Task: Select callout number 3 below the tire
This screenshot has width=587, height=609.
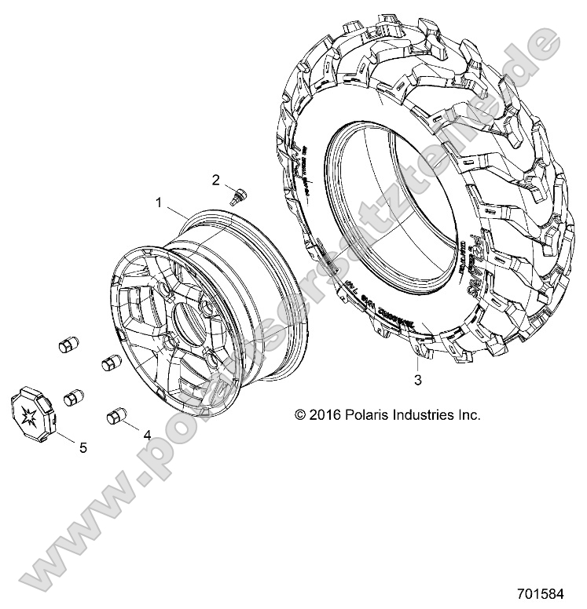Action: [418, 381]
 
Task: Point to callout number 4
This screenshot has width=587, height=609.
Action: [147, 432]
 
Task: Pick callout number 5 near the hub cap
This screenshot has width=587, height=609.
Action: [82, 447]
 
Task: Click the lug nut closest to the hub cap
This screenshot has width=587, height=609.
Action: [75, 398]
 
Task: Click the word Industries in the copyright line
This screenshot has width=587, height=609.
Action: [421, 414]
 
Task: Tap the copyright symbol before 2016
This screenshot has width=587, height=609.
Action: [299, 414]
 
